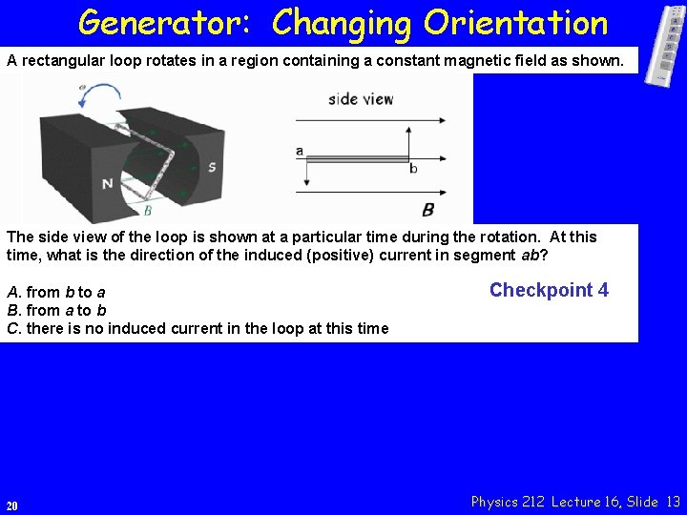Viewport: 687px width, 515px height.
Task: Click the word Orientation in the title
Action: (x=516, y=22)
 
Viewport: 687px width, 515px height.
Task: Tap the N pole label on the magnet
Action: (x=108, y=183)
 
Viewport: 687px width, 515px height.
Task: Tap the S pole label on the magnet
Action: (x=211, y=168)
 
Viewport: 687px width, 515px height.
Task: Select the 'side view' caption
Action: (x=361, y=98)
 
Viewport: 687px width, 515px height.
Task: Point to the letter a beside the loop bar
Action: (x=300, y=150)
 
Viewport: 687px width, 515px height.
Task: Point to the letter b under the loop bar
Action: (x=413, y=169)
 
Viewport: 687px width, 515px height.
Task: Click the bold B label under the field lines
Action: (x=428, y=209)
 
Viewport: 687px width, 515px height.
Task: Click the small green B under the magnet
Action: (x=147, y=211)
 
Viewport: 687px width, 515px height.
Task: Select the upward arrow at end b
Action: (x=409, y=143)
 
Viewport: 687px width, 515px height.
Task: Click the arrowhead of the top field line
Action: (x=441, y=120)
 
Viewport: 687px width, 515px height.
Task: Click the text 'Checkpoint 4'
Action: (x=549, y=290)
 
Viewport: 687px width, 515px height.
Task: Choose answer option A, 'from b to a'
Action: (x=55, y=292)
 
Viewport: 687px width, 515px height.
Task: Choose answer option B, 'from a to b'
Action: (x=56, y=310)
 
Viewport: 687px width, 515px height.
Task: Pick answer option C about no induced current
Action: (x=198, y=328)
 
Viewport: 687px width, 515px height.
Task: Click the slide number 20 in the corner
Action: (x=11, y=505)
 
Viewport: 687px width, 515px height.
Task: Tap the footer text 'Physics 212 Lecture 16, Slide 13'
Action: (x=576, y=502)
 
